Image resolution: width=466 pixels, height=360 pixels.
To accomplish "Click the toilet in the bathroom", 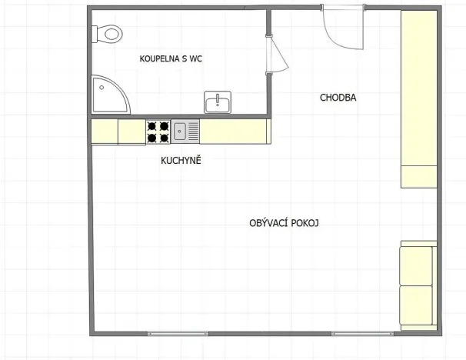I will pyautogui.click(x=108, y=34).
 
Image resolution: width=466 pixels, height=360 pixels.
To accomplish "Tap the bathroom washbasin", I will pyautogui.click(x=219, y=102).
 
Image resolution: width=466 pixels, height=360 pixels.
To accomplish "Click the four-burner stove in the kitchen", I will pyautogui.click(x=158, y=132).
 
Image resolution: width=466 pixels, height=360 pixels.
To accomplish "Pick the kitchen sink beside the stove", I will pyautogui.click(x=185, y=132).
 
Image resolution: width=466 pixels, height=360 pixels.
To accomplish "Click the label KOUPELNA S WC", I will pyautogui.click(x=171, y=58).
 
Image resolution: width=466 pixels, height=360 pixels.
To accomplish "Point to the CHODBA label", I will pyautogui.click(x=338, y=98).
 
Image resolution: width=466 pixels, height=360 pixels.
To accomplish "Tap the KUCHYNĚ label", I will pyautogui.click(x=181, y=160).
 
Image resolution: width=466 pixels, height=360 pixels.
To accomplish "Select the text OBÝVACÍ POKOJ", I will pyautogui.click(x=284, y=223).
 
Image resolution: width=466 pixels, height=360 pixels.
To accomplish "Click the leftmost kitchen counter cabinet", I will pyautogui.click(x=104, y=132).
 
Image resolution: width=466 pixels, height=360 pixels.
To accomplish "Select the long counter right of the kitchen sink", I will pyautogui.click(x=235, y=132).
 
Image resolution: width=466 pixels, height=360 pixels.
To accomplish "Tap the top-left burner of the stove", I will pyautogui.click(x=152, y=125).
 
